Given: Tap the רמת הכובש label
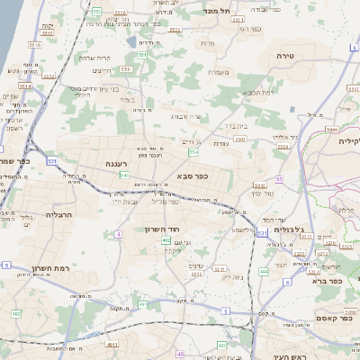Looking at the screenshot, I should [x=257, y=92].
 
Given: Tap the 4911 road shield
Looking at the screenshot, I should [x=112, y=345].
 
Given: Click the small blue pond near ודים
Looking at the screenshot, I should [x=132, y=41].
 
